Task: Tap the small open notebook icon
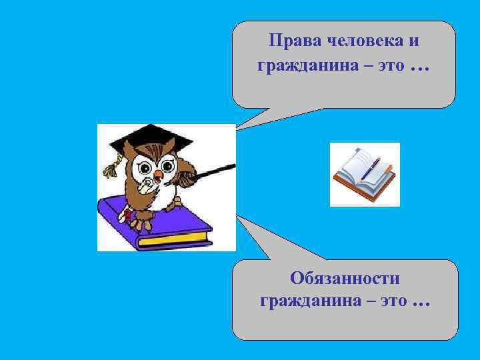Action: [365, 174]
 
